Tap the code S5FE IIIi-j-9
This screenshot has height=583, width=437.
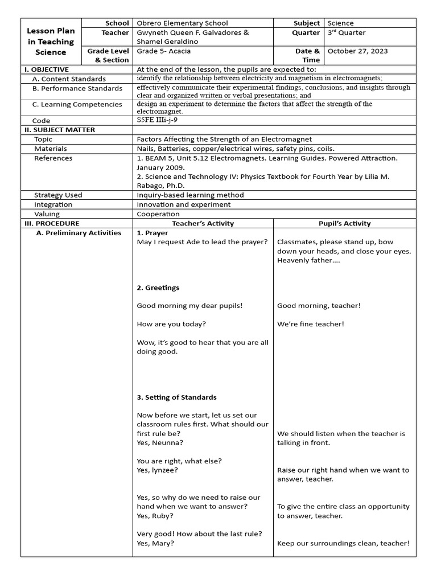pos(161,121)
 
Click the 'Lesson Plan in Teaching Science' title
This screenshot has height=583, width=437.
pos(51,42)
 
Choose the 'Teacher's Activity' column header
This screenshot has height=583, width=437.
pos(203,223)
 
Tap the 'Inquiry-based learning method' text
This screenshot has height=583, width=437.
pos(190,195)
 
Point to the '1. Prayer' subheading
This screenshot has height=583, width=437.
pos(152,233)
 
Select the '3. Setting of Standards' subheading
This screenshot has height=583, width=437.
pos(176,397)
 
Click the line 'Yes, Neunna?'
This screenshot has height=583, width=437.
pos(160,442)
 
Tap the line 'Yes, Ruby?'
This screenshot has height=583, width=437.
pos(155,516)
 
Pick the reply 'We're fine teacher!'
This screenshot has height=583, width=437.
pos(311,324)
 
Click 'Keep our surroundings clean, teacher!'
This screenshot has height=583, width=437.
pos(343,543)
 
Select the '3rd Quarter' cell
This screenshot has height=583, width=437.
pos(347,32)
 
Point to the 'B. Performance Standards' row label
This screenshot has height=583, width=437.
pos(77,88)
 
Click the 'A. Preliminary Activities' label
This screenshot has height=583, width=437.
pos(79,233)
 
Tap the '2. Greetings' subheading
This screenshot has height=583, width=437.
pos(158,288)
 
